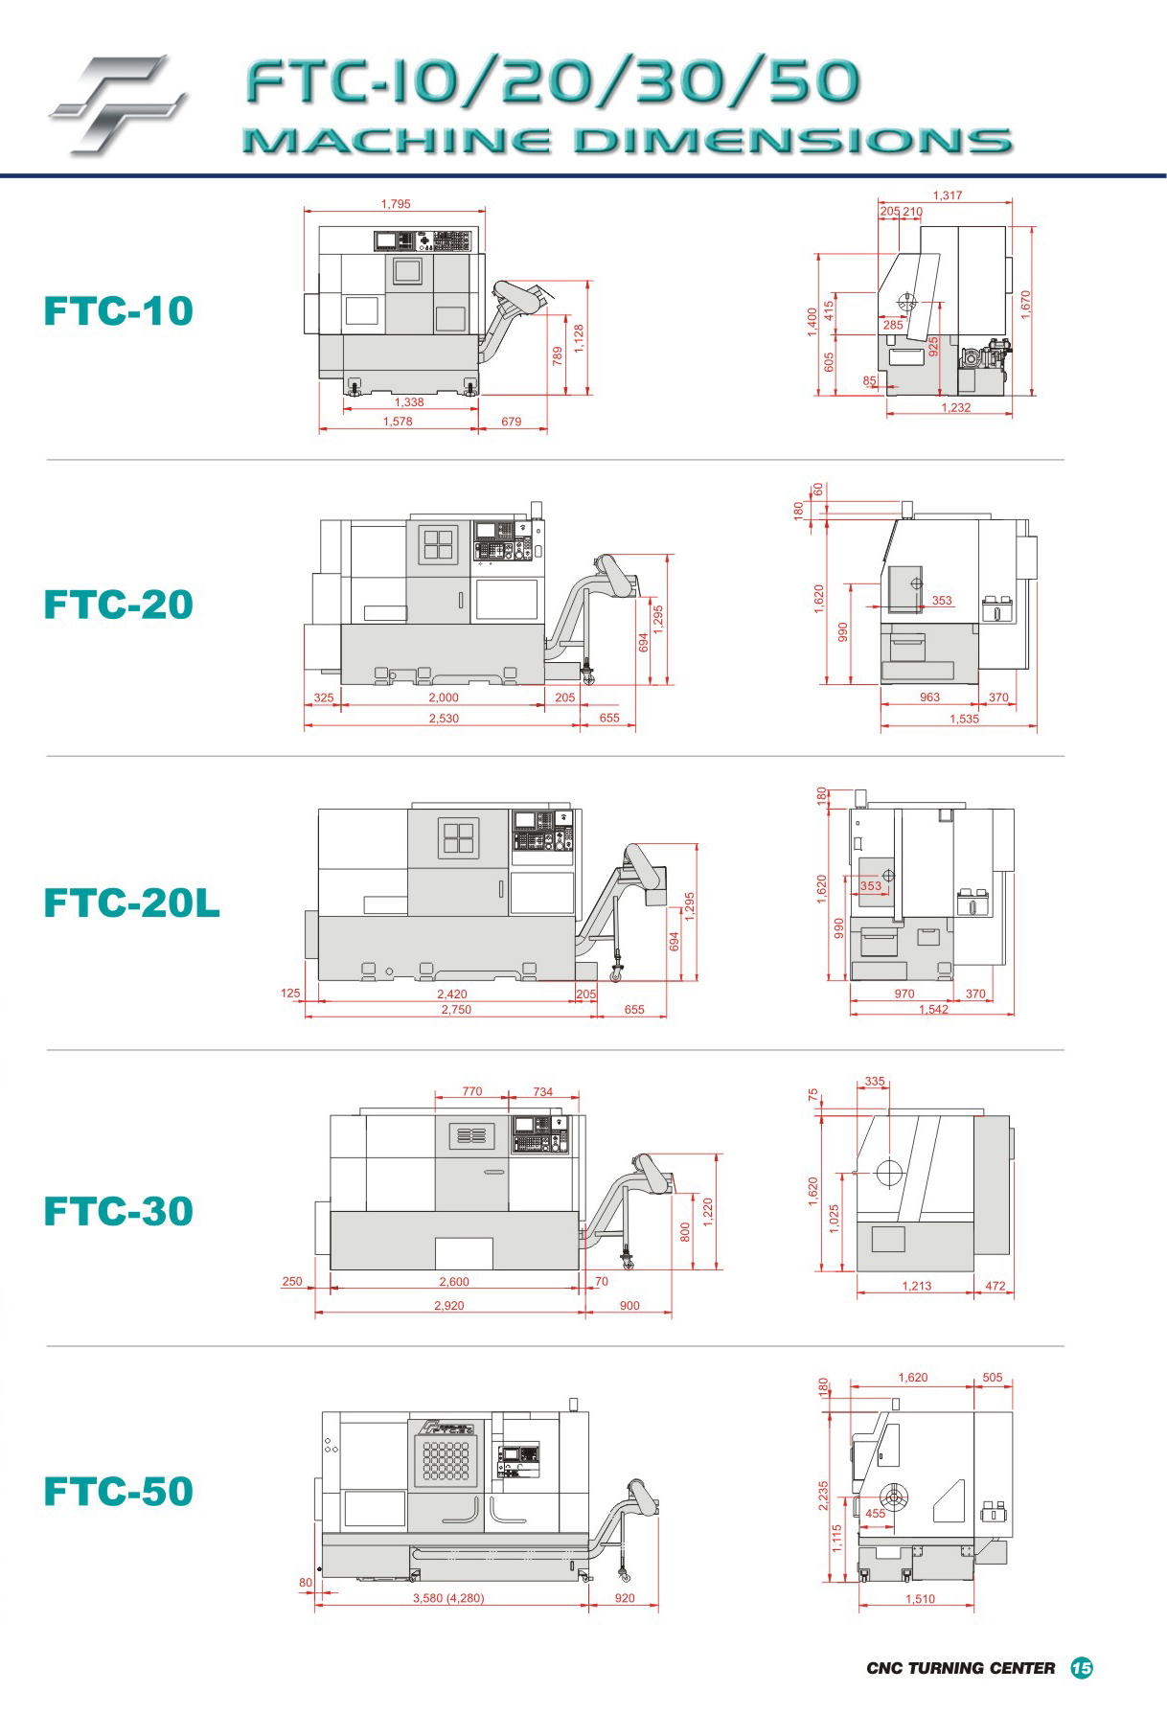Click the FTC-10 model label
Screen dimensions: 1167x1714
click(x=119, y=310)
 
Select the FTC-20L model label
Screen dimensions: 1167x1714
click(x=132, y=903)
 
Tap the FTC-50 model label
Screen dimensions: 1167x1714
click(x=119, y=1491)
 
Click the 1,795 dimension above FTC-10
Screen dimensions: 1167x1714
click(x=396, y=203)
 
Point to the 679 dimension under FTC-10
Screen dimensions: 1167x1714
click(x=512, y=422)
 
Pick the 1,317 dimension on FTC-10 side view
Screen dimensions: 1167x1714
click(x=947, y=195)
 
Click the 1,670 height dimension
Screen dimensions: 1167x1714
click(x=1026, y=306)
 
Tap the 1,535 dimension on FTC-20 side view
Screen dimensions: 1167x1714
click(x=964, y=719)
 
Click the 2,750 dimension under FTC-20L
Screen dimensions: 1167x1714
click(x=455, y=1010)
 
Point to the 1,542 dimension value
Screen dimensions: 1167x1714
click(x=933, y=1010)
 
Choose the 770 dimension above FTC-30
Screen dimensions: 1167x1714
click(x=472, y=1091)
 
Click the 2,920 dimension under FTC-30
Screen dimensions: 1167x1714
click(x=448, y=1306)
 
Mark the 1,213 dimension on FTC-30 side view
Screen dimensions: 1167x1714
click(x=917, y=1286)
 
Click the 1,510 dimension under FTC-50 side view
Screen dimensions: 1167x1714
click(x=920, y=1599)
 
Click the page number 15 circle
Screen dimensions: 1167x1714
click(x=1082, y=1668)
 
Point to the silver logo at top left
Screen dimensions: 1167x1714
click(x=116, y=103)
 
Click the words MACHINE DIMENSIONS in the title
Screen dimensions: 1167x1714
click(x=627, y=142)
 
